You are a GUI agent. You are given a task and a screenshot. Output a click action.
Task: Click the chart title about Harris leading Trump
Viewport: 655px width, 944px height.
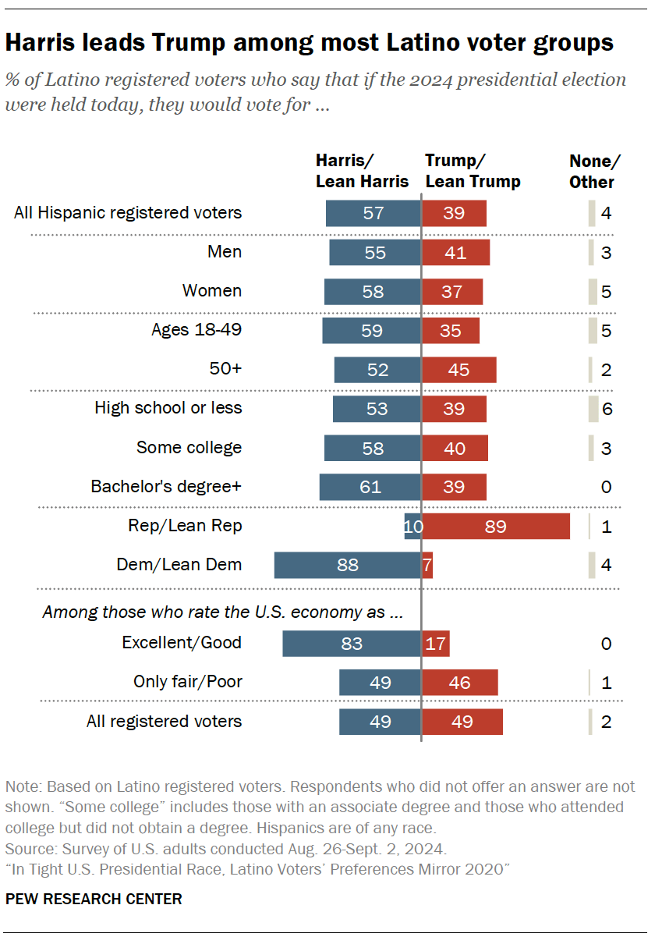coord(309,44)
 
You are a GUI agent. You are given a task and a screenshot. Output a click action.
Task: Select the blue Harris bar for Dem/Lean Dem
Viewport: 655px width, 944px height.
coord(347,565)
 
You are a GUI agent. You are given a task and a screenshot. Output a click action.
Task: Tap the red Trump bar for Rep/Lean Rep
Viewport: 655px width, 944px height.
coord(496,526)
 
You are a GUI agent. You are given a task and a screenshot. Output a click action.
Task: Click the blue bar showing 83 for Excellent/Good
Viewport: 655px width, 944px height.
coord(351,644)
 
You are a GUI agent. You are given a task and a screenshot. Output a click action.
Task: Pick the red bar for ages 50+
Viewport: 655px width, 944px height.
coord(459,370)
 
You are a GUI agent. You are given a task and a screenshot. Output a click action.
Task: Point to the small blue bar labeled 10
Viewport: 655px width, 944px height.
coord(412,526)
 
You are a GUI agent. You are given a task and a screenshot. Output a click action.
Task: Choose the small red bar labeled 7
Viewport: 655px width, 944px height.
coord(427,565)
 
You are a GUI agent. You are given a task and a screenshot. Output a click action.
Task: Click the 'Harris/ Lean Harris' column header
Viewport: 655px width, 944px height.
coord(362,171)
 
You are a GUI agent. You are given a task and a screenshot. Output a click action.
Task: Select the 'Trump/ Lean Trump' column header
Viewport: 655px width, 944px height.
coord(473,171)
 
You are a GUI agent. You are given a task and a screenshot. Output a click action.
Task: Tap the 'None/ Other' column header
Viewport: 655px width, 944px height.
coord(594,171)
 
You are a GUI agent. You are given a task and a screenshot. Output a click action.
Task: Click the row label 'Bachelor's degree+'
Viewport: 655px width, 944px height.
coord(166,487)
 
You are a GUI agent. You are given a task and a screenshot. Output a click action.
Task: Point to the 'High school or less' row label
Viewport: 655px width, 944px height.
coord(168,407)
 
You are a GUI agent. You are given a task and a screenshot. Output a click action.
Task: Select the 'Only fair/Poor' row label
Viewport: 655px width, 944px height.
coord(187,682)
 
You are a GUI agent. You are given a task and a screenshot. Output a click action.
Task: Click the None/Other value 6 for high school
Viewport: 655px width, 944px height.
coord(606,409)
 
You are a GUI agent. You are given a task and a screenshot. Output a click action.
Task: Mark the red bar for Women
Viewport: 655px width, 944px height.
coord(452,291)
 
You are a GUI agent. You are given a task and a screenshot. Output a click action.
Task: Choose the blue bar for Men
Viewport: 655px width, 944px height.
coord(375,252)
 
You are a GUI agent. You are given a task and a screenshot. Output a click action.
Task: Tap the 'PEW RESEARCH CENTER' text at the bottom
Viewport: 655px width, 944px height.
coord(94,899)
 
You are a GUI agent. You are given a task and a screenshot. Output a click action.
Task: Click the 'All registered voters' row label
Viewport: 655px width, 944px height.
coord(164,721)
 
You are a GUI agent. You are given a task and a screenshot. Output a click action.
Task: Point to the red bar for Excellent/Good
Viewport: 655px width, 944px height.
coord(436,644)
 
